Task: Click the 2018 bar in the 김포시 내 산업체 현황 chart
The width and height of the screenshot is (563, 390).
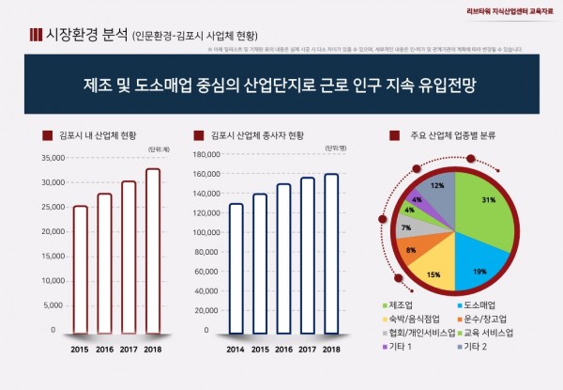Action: click(153, 250)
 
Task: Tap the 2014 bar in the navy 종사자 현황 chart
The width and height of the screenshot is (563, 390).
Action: click(236, 268)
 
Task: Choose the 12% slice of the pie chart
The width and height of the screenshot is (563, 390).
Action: click(435, 189)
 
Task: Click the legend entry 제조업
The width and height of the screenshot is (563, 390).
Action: click(400, 304)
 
